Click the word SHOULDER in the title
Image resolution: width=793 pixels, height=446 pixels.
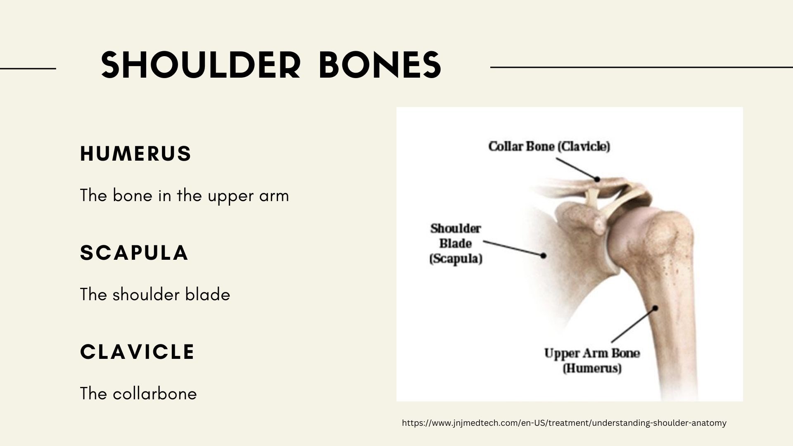200,65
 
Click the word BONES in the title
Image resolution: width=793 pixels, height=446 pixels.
380,65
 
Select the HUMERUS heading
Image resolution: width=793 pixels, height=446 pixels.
135,154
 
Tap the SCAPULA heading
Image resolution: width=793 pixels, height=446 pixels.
134,253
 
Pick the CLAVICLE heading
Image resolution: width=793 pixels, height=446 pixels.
137,352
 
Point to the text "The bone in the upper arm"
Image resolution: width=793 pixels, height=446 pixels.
184,195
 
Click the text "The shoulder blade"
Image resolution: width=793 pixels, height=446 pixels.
155,294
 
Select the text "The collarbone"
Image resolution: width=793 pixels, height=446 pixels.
138,394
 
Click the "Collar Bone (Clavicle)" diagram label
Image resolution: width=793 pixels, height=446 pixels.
549,146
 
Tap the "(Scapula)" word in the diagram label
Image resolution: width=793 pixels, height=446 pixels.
456,259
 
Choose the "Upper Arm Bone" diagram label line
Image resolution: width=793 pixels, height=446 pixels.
591,353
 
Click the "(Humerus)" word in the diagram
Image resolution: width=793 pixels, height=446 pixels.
592,368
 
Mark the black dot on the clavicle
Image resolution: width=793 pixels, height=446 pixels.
597,179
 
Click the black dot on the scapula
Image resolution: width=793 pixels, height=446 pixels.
544,256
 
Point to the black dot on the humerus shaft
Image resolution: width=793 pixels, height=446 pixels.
655,308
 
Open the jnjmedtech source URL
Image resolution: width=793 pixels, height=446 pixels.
564,423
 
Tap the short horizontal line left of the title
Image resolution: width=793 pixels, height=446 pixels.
28,68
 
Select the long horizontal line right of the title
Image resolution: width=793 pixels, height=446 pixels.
641,67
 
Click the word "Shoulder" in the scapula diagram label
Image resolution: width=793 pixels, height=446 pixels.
456,228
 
